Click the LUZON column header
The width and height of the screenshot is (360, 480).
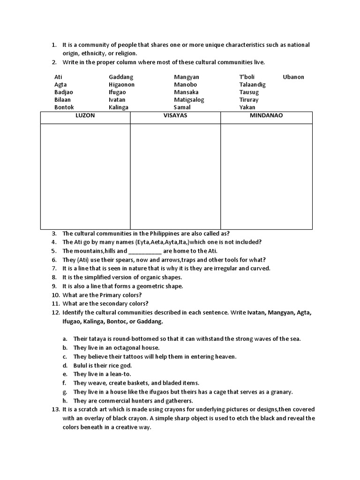[x=85, y=115]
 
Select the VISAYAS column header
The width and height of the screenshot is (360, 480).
[x=175, y=115]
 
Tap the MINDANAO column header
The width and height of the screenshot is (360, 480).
[x=266, y=115]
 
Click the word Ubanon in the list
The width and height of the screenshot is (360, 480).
[x=293, y=77]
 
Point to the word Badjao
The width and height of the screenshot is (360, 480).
[x=64, y=92]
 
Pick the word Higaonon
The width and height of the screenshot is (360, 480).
[x=121, y=85]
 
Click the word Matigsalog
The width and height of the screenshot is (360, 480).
[x=189, y=100]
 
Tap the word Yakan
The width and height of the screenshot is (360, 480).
[x=247, y=107]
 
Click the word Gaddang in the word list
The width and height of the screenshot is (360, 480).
[x=121, y=77]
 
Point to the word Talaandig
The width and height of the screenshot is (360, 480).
[x=252, y=85]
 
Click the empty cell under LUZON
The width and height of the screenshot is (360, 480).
[x=85, y=176]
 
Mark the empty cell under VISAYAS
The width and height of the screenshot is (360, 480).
[x=175, y=176]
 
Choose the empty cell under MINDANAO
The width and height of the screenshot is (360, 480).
[x=266, y=176]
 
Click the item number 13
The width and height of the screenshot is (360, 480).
[x=55, y=410]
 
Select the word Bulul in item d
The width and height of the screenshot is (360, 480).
[x=81, y=366]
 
